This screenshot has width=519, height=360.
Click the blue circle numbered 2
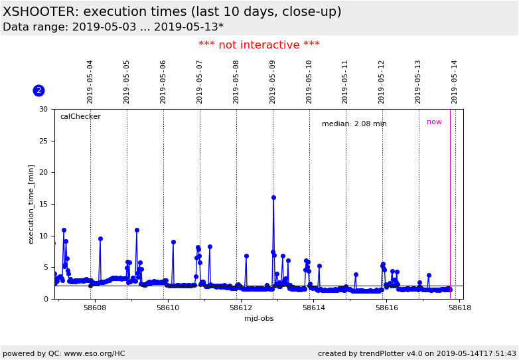pos(38,90)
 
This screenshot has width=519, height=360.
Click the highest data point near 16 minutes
pos(273,198)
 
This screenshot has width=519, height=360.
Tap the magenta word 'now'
pos(434,122)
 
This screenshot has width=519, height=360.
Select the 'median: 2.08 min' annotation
pos(354,124)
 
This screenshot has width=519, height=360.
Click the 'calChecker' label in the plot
pos(80,117)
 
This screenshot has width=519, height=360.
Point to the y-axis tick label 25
pos(43,141)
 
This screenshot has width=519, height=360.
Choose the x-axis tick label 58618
pos(459,308)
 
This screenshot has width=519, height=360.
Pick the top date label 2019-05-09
pos(273,82)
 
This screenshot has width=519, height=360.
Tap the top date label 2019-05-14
pos(455,82)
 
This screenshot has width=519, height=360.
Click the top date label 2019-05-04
pos(90,82)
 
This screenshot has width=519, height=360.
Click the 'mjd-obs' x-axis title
pos(259,319)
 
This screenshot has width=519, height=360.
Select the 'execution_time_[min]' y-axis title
pos(32,204)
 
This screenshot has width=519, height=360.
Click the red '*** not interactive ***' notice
pos(259,45)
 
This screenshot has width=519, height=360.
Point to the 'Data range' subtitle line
pos(113,27)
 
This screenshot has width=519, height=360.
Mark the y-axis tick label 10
pos(43,236)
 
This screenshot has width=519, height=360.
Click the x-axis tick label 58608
pos(95,308)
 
